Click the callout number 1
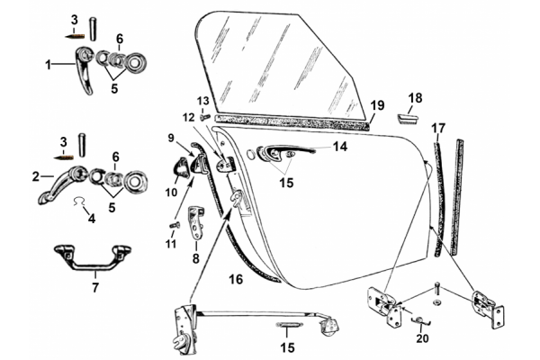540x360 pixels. (x=49, y=65)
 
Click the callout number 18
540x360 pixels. (x=415, y=97)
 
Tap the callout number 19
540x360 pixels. (x=377, y=104)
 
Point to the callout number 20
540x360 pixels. (x=422, y=339)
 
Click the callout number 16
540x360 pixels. (x=236, y=281)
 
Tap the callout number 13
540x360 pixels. (x=202, y=100)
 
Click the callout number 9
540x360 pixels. (x=168, y=137)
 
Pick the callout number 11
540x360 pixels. (x=170, y=244)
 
